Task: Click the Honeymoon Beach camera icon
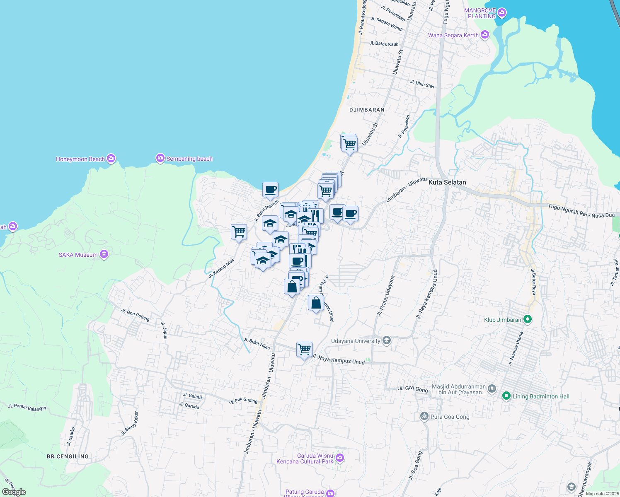(111, 159)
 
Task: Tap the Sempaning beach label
(189, 159)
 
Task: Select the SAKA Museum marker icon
(104, 254)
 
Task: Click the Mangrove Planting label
(480, 13)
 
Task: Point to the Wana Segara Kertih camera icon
(484, 35)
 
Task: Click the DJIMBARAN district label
(367, 110)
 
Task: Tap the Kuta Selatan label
(447, 182)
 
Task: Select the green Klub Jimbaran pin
(527, 319)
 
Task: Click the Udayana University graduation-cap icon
(387, 341)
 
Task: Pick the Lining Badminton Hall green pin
(506, 396)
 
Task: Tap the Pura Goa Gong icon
(424, 416)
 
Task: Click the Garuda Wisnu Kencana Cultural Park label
(305, 458)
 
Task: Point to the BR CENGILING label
(68, 456)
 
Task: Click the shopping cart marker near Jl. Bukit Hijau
(305, 350)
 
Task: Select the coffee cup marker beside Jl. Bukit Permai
(271, 190)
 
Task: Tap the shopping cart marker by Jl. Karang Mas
(239, 232)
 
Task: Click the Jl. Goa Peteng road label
(135, 315)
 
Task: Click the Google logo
(14, 492)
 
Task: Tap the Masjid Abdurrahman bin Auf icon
(492, 388)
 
